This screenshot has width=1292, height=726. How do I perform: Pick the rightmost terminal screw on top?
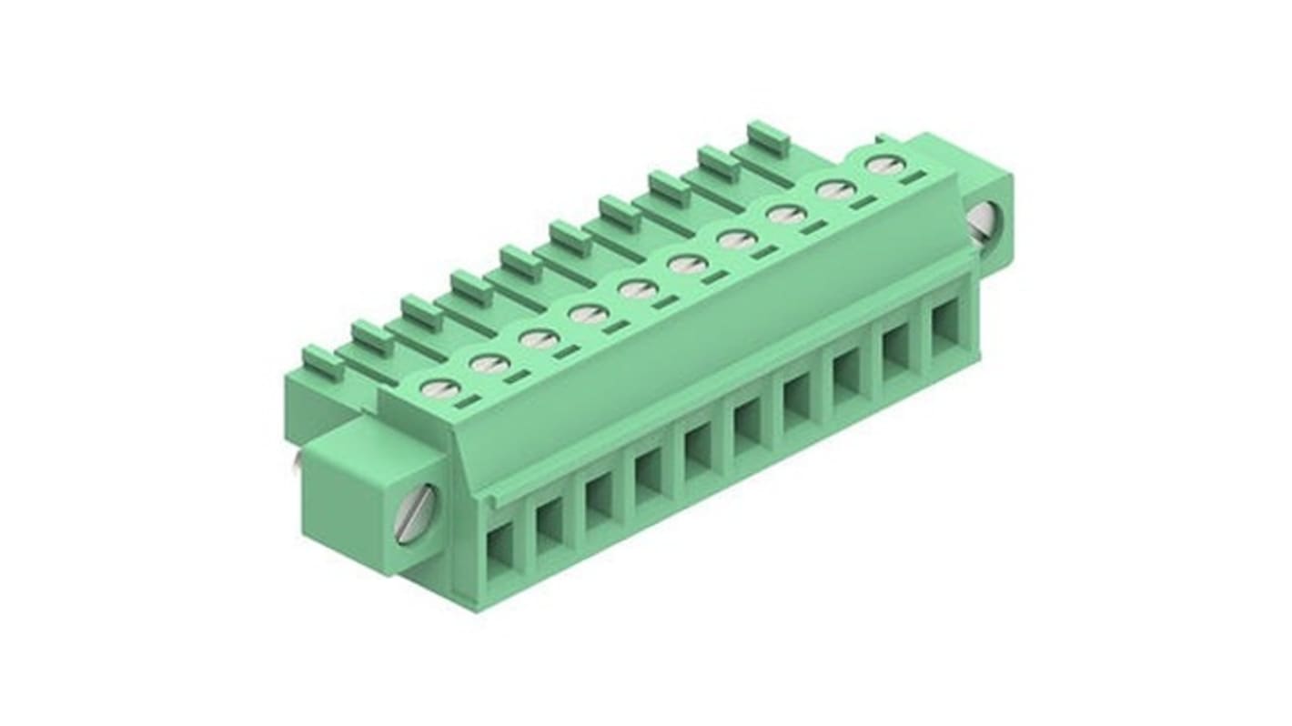(x=881, y=165)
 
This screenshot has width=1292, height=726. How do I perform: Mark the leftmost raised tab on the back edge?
(x=321, y=362)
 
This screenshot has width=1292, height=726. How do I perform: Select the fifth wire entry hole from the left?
(x=698, y=448)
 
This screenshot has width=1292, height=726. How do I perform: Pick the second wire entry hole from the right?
(x=895, y=347)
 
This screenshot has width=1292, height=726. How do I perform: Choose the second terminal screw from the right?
(x=834, y=190)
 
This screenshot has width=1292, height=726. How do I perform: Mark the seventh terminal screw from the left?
(x=735, y=240)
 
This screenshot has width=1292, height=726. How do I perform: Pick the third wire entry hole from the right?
(x=846, y=371)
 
